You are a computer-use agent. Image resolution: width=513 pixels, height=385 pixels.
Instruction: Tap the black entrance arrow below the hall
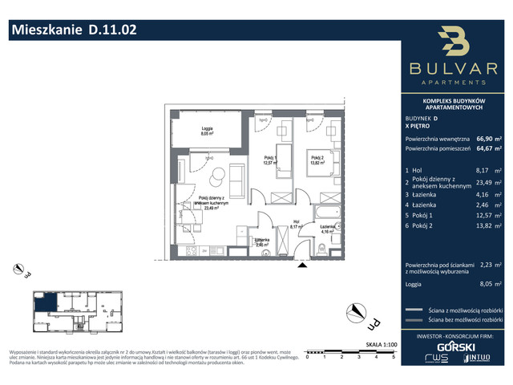(x=299, y=265)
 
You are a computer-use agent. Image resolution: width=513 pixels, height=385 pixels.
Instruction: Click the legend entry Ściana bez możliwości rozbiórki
(x=465, y=320)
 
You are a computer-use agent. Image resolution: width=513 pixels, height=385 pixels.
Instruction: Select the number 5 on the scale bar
(x=393, y=358)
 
